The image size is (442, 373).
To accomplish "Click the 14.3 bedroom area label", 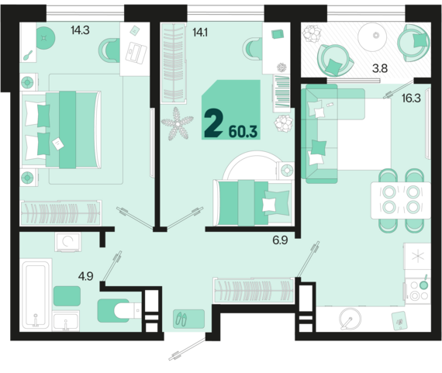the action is coord(80,30).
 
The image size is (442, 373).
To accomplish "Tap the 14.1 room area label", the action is coord(200,33).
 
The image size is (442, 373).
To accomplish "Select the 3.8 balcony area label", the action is coord(380,68).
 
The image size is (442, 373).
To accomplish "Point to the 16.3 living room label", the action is coord(411,98).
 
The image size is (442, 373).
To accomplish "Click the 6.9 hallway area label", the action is coord(280,240).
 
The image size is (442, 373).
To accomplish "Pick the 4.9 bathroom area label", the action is coord(86,276).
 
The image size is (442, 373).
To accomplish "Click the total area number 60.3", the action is coord(243,132).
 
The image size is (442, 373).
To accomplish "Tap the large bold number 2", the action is coord(214,123).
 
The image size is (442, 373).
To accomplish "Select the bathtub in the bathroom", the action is coord(36,295).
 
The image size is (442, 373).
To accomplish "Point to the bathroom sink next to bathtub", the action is coord(66,321).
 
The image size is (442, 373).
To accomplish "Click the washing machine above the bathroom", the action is coord(68,242).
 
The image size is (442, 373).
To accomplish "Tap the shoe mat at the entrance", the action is coord(188,319).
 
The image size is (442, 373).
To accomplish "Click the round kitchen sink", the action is coord(350,319).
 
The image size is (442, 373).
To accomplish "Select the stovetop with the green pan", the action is coord(417,290).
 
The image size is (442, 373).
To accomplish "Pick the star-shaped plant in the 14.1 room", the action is coord(178,124).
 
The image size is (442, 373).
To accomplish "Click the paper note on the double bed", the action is coord(58,143).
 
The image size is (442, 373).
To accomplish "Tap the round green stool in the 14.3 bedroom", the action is coord(46,38).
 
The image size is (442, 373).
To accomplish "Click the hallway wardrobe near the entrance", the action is coord(254,290).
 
